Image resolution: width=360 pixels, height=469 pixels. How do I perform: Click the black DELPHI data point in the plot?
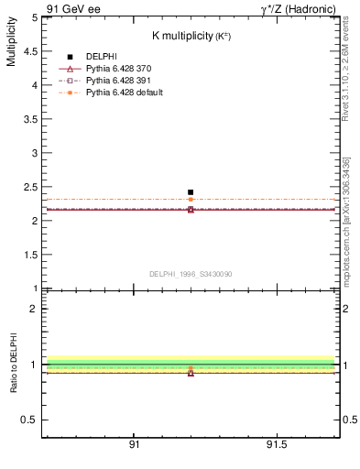click(x=191, y=192)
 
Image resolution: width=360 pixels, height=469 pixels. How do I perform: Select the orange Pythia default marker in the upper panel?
click(x=191, y=199)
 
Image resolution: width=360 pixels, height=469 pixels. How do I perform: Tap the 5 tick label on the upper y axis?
click(x=34, y=17)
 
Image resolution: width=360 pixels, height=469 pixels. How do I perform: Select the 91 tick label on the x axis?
click(x=134, y=446)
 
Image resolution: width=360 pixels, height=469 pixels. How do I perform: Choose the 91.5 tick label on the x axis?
click(x=276, y=446)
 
